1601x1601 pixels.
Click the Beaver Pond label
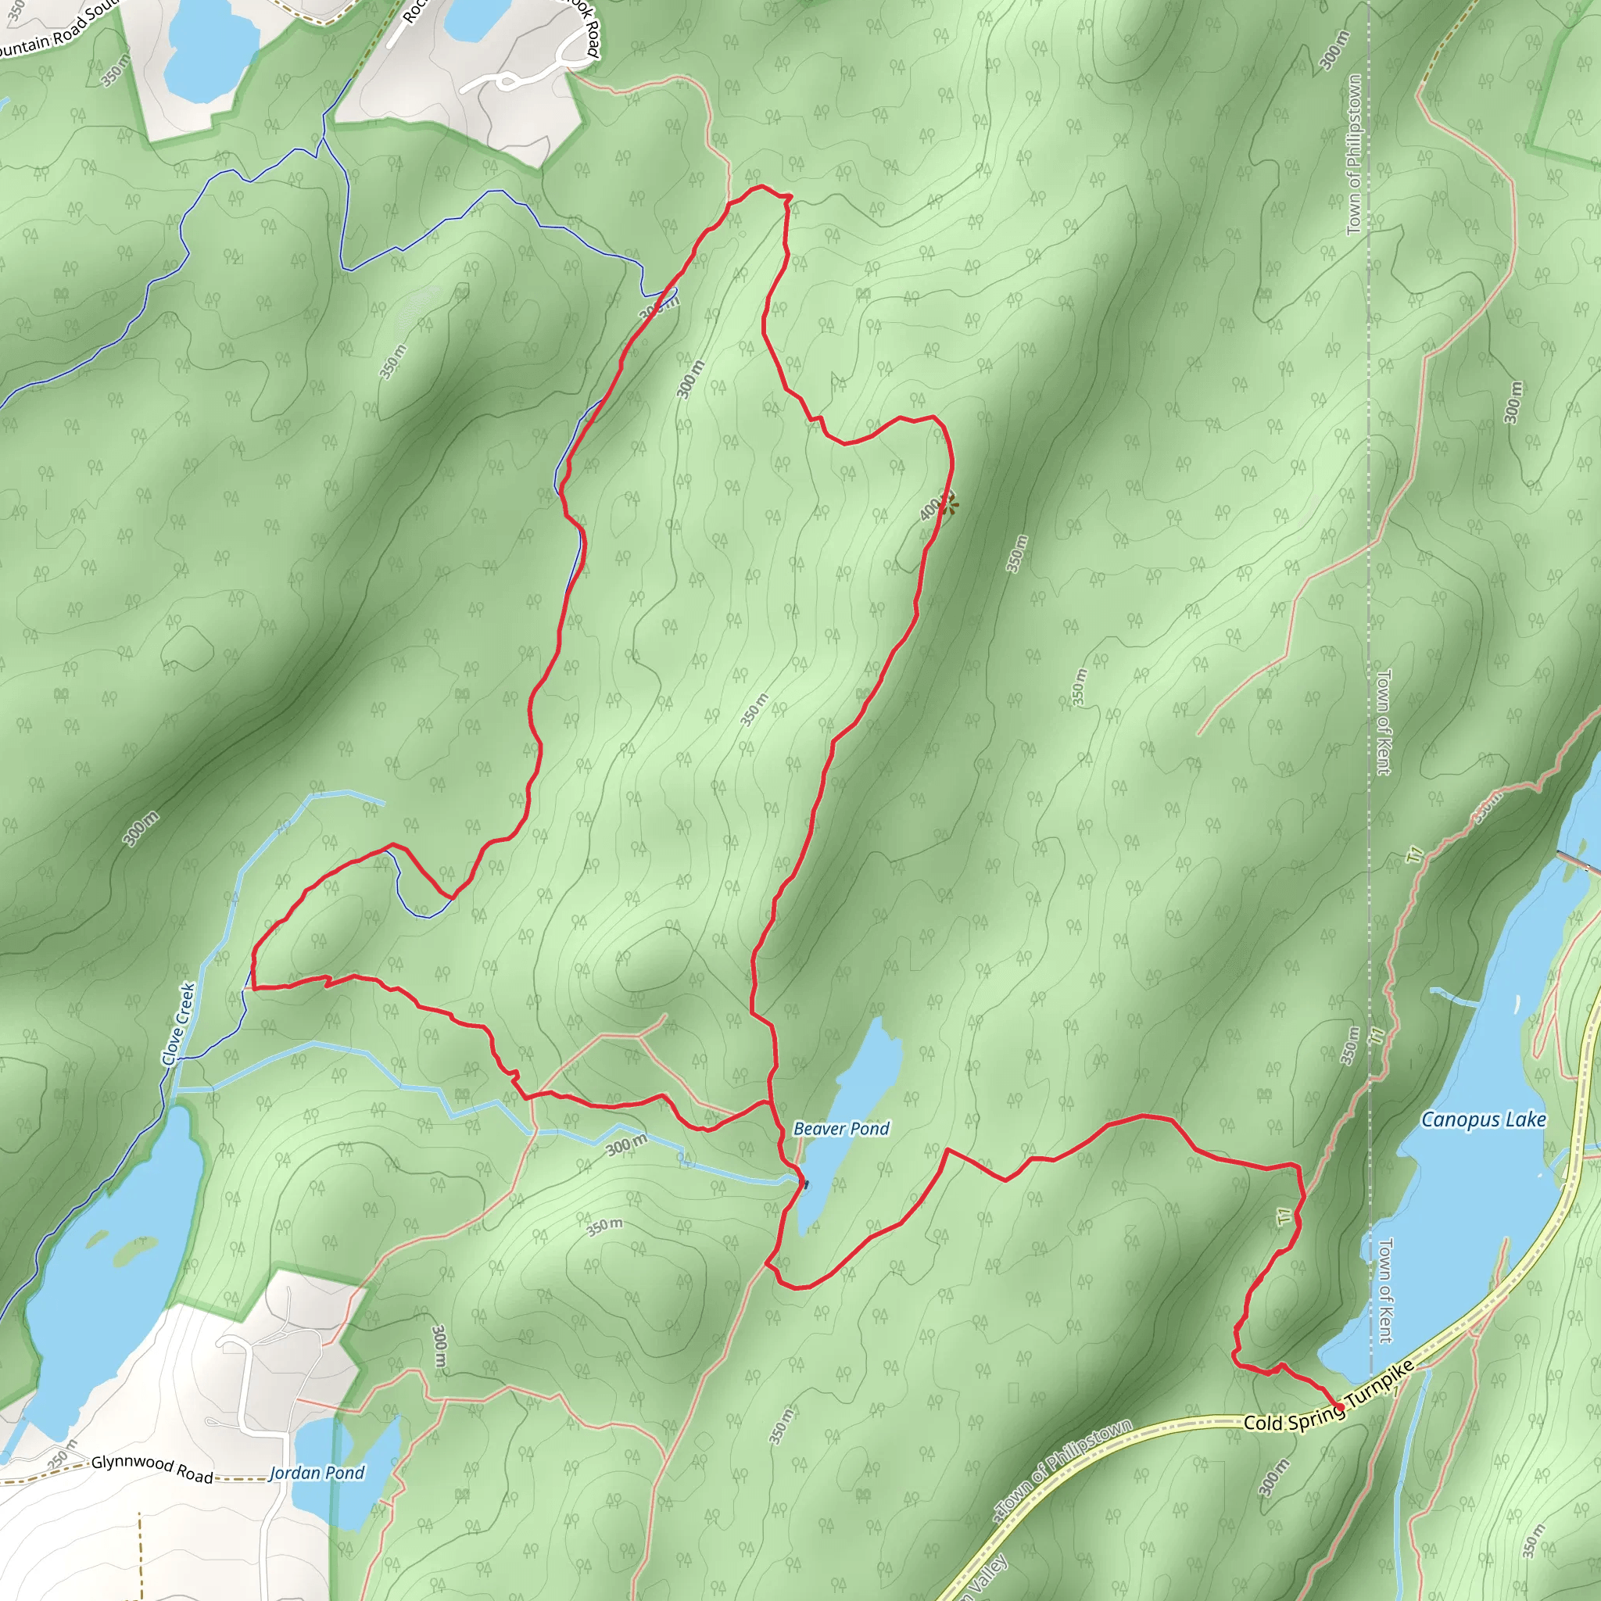[841, 1129]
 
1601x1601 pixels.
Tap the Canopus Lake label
[1483, 1120]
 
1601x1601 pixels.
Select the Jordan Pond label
[317, 1473]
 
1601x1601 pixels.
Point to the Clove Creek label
[178, 1024]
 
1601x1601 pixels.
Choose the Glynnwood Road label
[152, 1468]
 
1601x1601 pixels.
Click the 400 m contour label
[930, 508]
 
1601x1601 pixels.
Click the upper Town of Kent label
[1383, 722]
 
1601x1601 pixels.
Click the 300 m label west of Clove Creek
[141, 829]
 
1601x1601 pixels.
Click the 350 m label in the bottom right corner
[1534, 1541]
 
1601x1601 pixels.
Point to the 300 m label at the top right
[1335, 51]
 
